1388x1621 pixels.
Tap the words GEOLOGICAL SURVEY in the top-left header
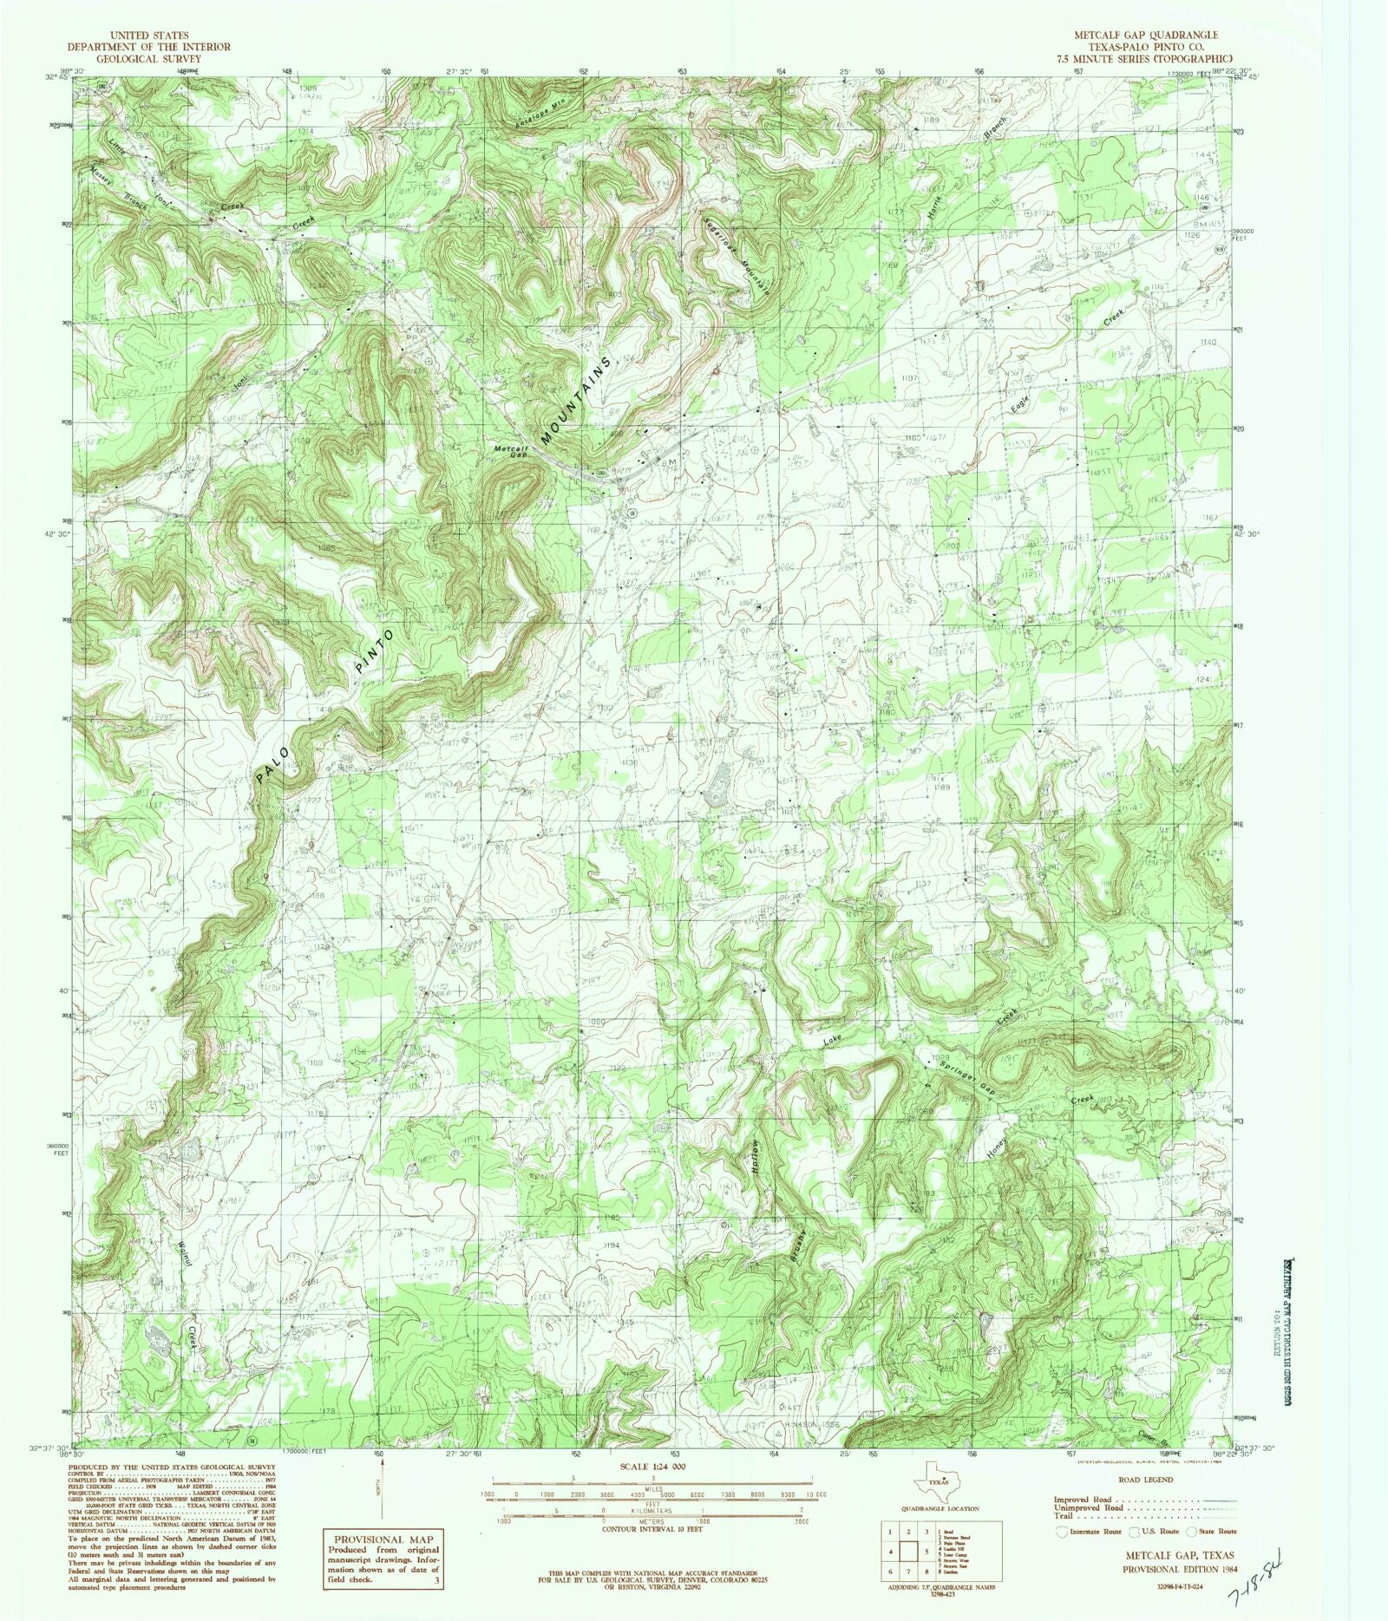149,59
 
